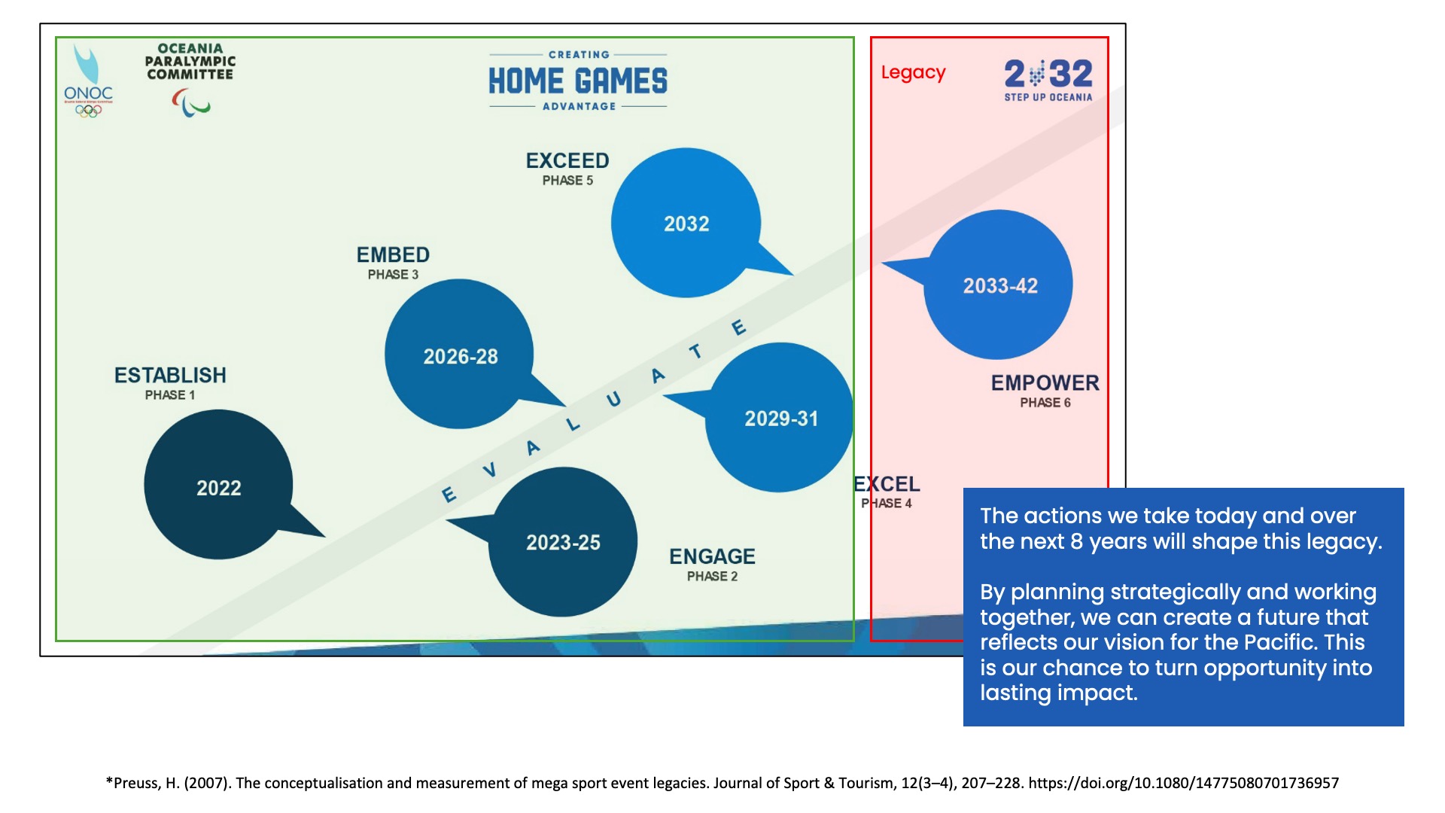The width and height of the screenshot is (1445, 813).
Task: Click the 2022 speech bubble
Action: click(x=218, y=486)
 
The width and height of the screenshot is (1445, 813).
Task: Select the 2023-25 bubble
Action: click(x=563, y=542)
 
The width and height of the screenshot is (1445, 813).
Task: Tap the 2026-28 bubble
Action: click(x=460, y=355)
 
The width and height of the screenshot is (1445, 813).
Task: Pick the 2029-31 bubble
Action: click(x=780, y=418)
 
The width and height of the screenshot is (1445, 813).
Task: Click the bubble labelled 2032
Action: click(x=686, y=224)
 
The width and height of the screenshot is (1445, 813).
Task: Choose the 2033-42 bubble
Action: click(x=999, y=285)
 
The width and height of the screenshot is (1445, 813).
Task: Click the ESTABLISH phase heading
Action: click(x=170, y=375)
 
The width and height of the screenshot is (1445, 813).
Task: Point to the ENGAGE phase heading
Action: click(x=712, y=556)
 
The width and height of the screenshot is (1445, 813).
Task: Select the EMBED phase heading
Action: click(x=393, y=254)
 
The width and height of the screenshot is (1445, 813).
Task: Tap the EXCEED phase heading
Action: click(x=567, y=160)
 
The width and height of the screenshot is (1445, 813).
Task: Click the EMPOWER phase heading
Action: click(x=1045, y=382)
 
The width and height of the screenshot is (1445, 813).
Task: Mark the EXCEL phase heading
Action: click(x=887, y=484)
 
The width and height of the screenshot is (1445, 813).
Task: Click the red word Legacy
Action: click(x=913, y=72)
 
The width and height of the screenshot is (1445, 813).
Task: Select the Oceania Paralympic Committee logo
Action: click(x=190, y=79)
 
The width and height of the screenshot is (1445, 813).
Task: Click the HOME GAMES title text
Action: click(x=577, y=81)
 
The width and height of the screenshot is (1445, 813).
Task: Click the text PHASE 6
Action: click(x=1045, y=403)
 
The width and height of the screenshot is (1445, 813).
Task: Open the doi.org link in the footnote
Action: click(x=1183, y=783)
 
